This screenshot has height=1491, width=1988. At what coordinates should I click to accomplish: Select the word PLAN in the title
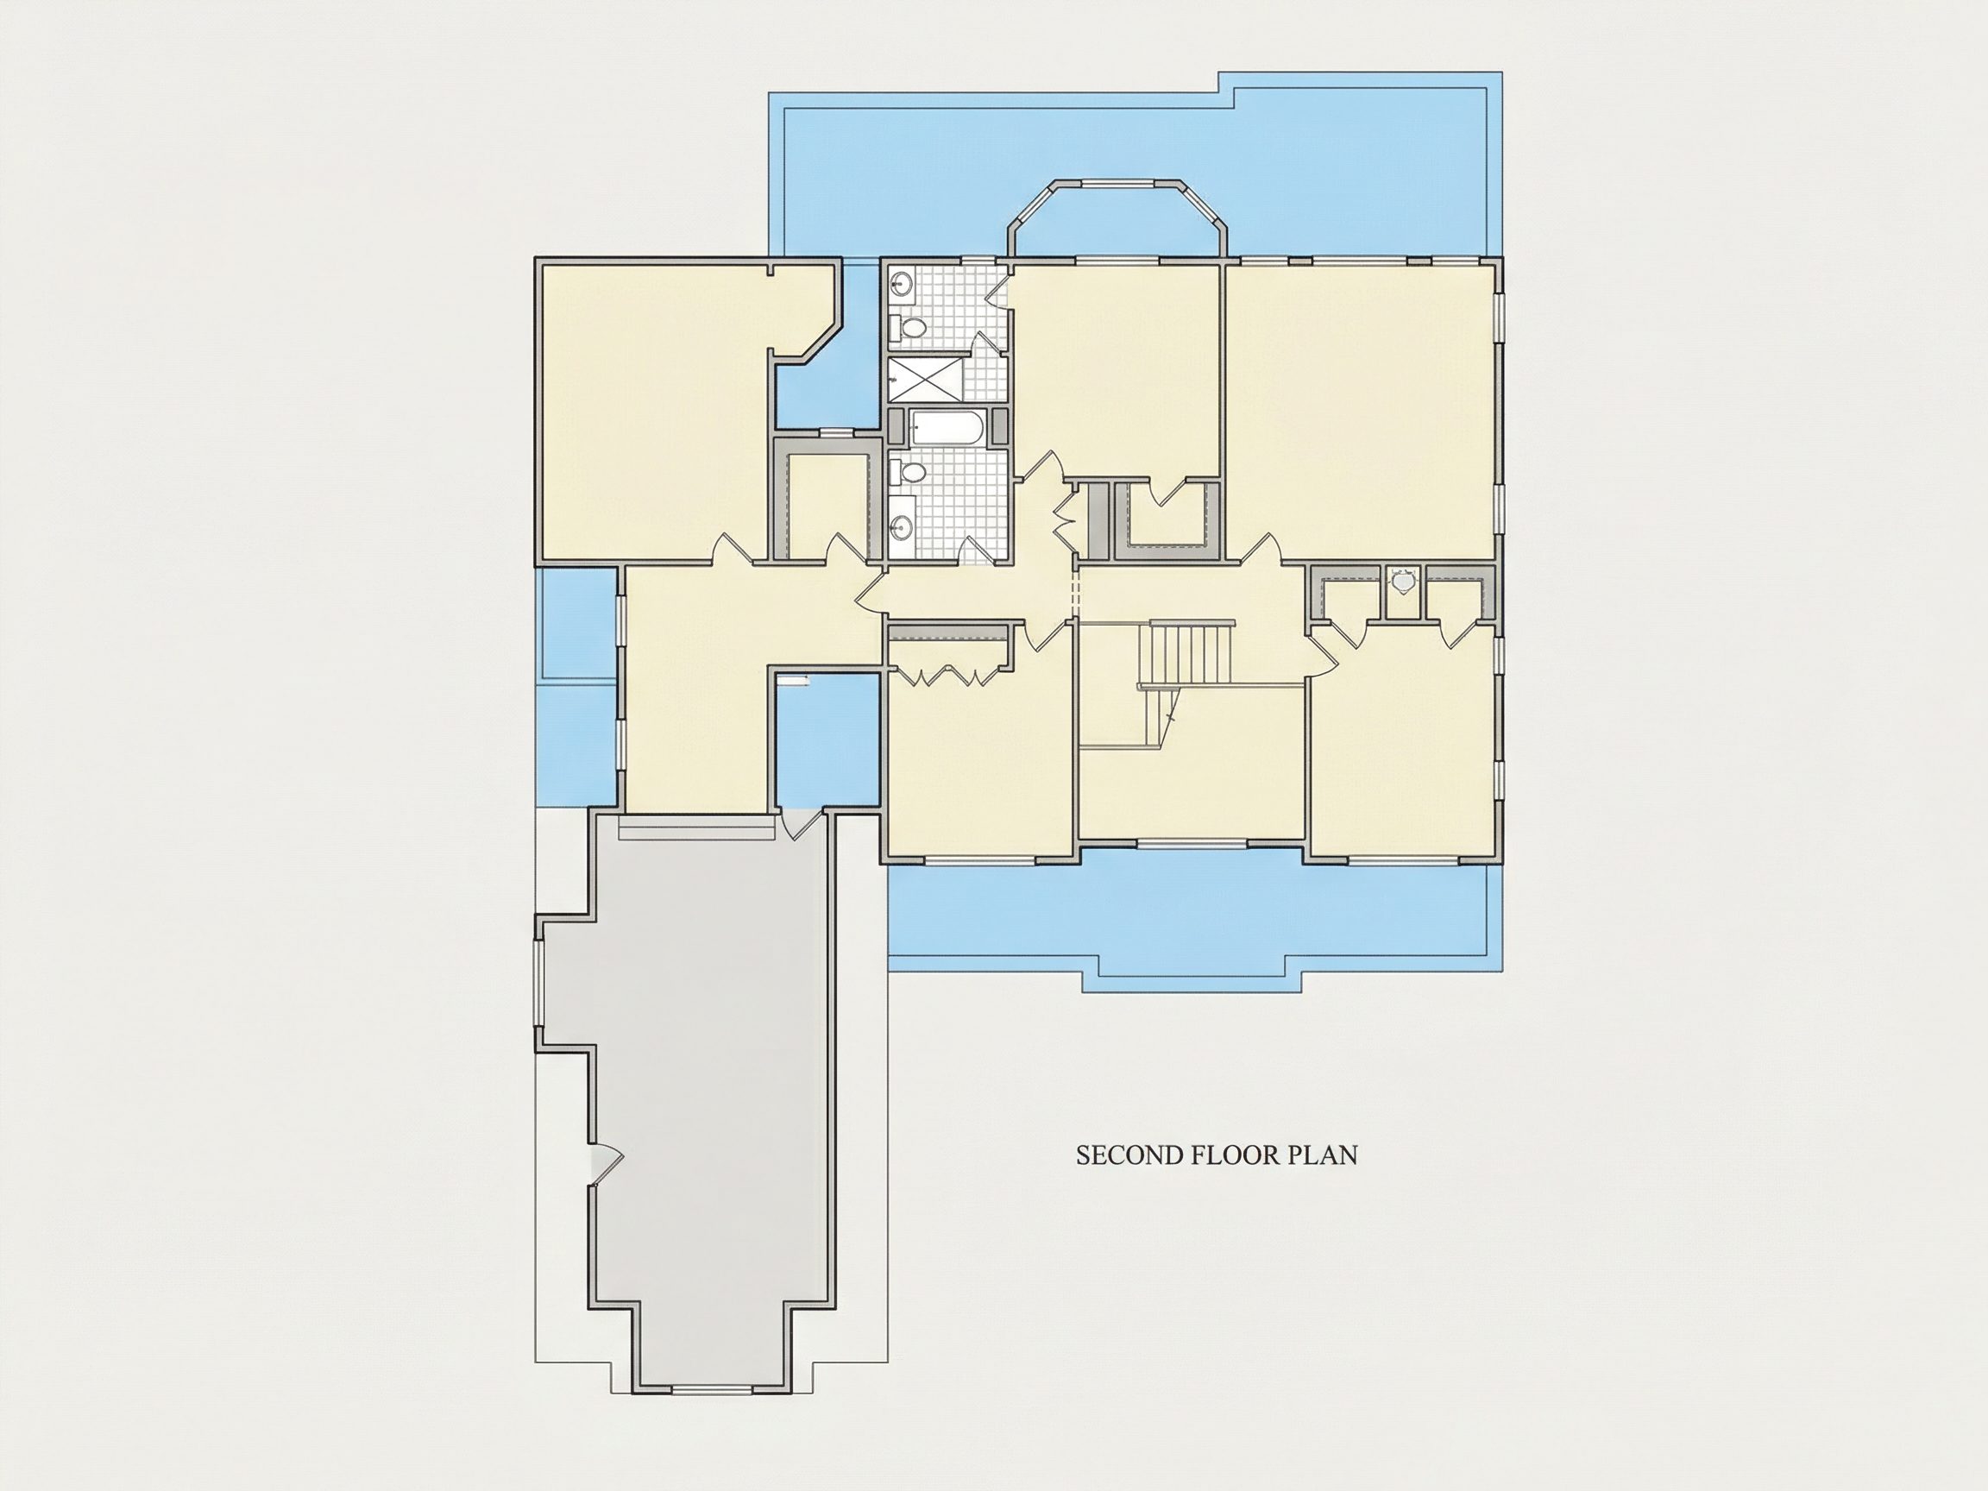coord(1324,1154)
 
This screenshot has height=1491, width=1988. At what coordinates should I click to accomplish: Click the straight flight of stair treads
coord(1185,653)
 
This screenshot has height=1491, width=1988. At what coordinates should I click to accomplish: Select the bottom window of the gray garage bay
coord(712,1390)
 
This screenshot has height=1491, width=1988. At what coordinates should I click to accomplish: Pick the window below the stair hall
coord(1192,843)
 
